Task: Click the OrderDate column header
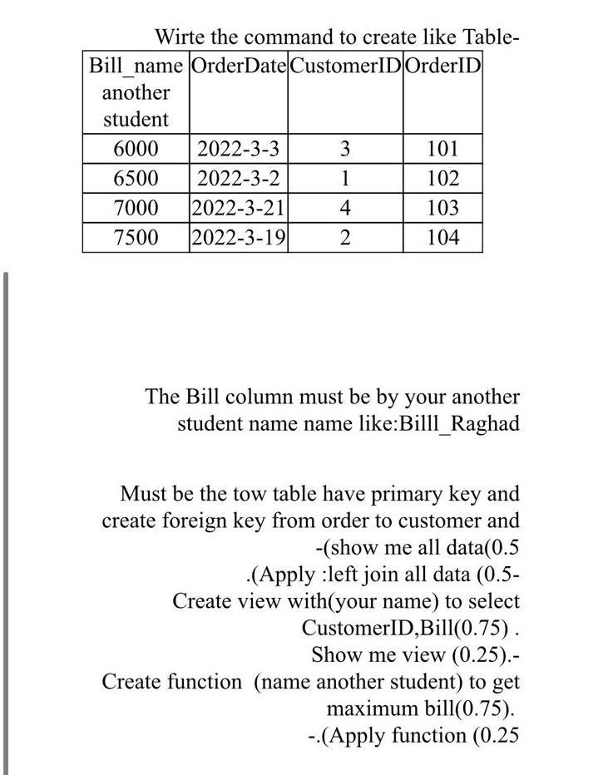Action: point(239,66)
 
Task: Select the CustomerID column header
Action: point(345,66)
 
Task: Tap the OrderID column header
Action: point(442,66)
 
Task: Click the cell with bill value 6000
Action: point(136,150)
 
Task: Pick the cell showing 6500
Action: point(136,179)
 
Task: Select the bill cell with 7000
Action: point(136,208)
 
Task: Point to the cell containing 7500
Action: point(136,237)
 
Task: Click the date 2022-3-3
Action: point(238,150)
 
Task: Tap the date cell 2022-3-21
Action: point(239,208)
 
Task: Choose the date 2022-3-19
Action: point(239,237)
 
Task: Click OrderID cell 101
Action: point(442,150)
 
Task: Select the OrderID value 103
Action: point(442,208)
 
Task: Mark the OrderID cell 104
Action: point(442,237)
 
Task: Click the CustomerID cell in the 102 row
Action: point(345,179)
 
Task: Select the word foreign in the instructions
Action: point(210,521)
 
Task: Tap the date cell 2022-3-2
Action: point(238,179)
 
